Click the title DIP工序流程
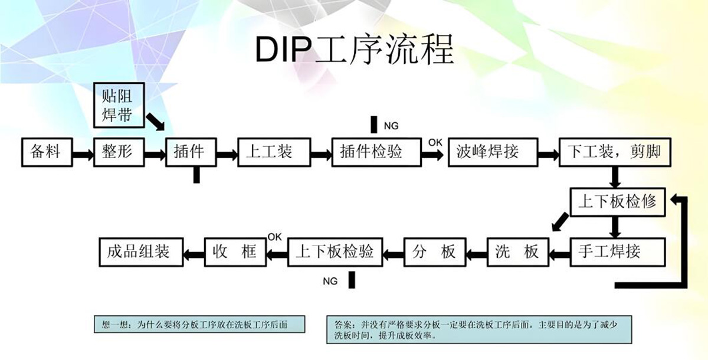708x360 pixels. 355,51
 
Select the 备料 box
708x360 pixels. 46,152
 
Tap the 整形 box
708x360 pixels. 118,152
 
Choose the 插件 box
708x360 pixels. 190,152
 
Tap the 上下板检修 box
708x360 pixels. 616,202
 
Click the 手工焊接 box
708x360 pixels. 616,252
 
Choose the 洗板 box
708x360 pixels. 517,252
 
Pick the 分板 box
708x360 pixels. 434,252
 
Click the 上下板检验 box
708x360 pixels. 334,252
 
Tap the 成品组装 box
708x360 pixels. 139,252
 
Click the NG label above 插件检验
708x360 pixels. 391,126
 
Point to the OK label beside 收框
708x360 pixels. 275,237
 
